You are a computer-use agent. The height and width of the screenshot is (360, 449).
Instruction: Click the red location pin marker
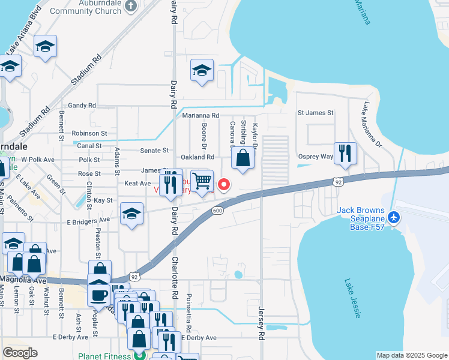[x=224, y=185]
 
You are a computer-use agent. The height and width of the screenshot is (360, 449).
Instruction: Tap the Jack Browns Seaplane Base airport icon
[x=394, y=217]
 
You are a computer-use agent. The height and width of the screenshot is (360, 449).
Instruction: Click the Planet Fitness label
[x=104, y=356]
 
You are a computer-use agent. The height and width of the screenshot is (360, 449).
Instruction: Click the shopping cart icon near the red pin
[x=202, y=180]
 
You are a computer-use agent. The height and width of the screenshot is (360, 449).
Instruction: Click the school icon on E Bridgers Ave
[x=131, y=214]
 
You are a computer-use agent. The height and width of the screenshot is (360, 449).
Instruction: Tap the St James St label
[x=315, y=113]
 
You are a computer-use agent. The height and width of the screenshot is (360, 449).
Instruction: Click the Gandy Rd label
[x=82, y=106]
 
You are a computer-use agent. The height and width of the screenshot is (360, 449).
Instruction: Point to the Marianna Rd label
[x=200, y=115]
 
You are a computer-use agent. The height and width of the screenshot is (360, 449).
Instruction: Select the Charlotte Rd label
[x=175, y=273]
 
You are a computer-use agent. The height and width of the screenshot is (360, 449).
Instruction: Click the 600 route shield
[x=217, y=211]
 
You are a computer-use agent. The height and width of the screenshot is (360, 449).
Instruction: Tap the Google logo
[x=20, y=353]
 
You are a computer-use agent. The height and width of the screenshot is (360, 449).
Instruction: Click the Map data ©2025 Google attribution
[x=412, y=355]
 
